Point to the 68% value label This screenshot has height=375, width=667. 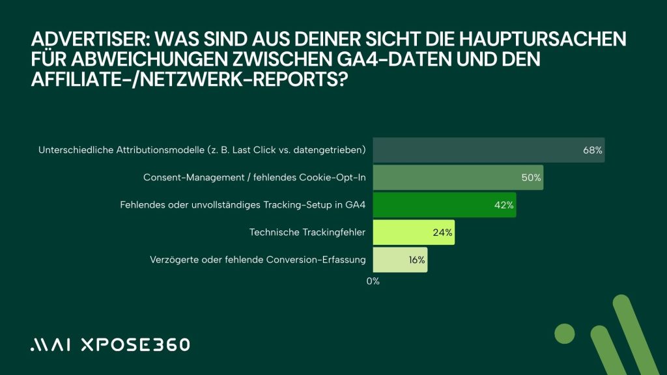click(x=593, y=150)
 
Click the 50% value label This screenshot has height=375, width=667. click(x=532, y=177)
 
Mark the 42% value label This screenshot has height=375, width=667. click(x=504, y=205)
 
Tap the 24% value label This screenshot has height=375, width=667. click(x=443, y=232)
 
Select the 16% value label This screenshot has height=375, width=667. click(x=417, y=260)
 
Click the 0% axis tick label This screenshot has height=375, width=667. click(x=373, y=281)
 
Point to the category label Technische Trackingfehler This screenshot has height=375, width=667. click(x=307, y=232)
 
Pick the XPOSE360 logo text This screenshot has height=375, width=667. click(x=134, y=345)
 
